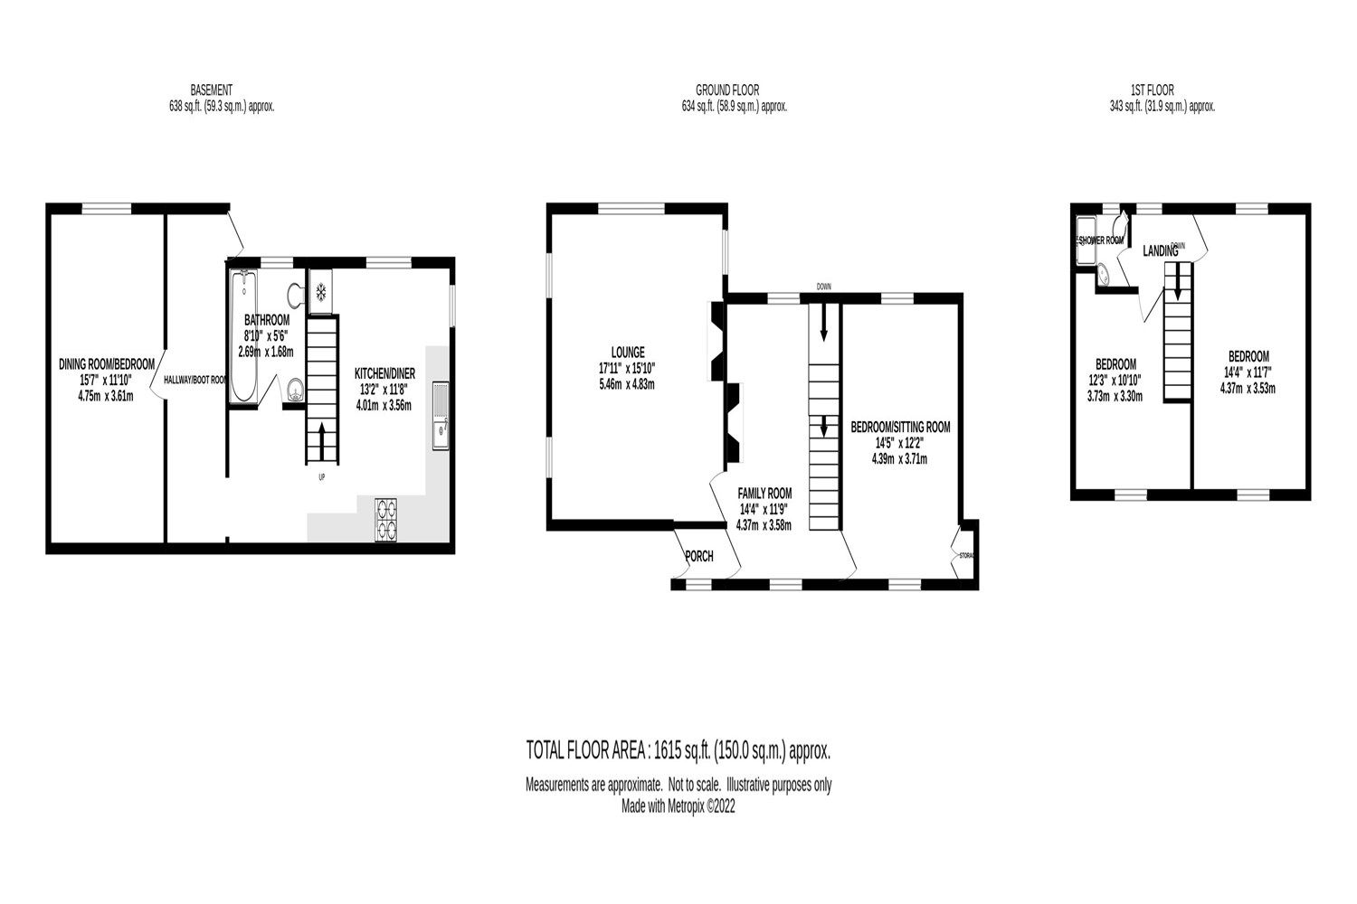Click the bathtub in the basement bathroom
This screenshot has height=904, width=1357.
(243, 336)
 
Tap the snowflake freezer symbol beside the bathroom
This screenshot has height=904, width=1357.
(320, 291)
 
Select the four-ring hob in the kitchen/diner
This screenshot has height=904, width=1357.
(386, 520)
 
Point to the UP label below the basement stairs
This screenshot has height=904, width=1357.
(321, 477)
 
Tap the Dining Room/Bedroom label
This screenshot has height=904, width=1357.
(106, 363)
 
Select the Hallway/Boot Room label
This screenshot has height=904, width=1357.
(195, 381)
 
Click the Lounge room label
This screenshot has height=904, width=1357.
(628, 352)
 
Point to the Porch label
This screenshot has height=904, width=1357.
(699, 557)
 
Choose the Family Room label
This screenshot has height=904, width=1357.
(764, 493)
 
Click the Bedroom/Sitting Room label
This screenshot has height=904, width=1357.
(899, 427)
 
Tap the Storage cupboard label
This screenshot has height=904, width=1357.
(966, 554)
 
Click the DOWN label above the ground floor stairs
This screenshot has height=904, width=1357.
(823, 287)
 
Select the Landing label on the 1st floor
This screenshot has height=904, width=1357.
(1161, 251)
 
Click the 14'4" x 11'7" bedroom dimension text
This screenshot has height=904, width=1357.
(1248, 372)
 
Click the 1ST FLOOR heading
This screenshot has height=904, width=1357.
(1152, 89)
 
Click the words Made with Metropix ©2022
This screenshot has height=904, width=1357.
(678, 807)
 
